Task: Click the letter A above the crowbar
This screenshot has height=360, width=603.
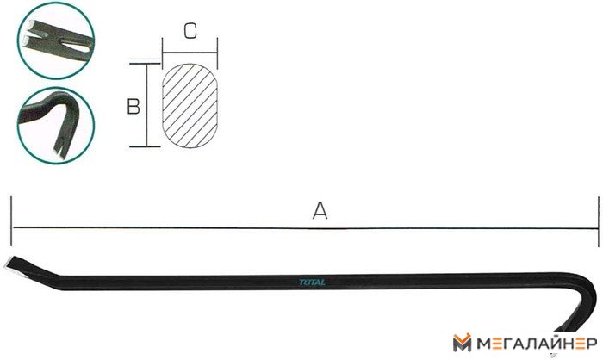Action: pos(320,211)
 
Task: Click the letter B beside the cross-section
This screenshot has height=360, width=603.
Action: pos(134,107)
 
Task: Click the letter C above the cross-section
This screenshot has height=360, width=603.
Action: pos(190,31)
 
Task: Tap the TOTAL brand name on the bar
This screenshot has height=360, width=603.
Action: pos(312,282)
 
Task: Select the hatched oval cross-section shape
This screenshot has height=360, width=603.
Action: pos(190,105)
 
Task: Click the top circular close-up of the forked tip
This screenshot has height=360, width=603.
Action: pos(56,40)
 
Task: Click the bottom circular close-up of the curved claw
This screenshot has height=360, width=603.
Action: pos(56,126)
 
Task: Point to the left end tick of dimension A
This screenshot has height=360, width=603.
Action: pos(11,220)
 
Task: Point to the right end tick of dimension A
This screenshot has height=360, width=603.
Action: pos(599,221)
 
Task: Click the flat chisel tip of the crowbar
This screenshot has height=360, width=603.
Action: pos(10,264)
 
